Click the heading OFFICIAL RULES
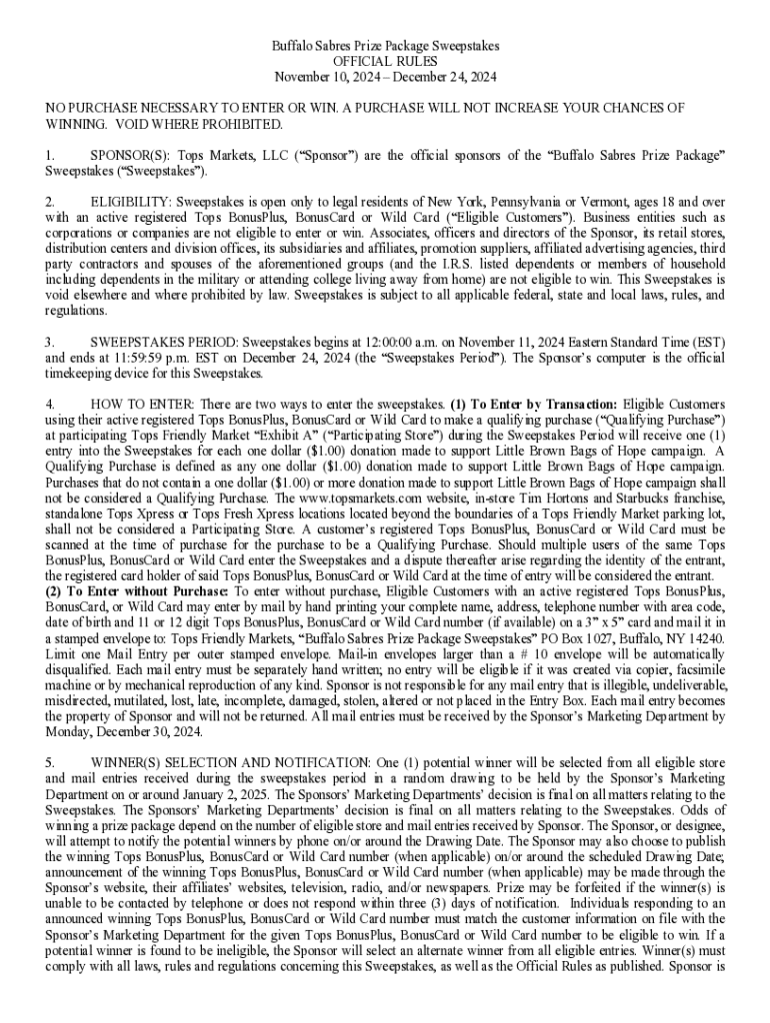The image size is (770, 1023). [385, 62]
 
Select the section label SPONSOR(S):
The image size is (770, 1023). [127, 156]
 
